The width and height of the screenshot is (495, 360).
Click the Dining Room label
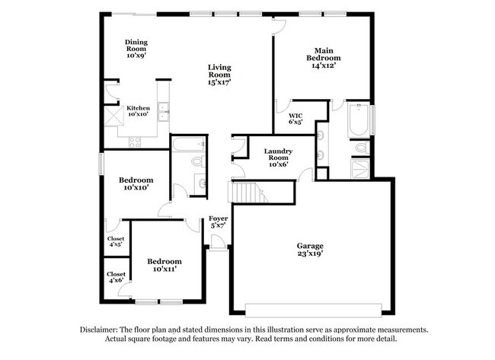point(136,48)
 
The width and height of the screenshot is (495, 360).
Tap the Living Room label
point(219,73)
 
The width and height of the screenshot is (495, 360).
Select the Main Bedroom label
point(323,58)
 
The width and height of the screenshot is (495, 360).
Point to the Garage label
point(310,250)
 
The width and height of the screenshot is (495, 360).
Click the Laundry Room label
point(276,156)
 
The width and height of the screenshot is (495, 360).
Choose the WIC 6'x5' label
point(295,118)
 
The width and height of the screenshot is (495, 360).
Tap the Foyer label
point(218,221)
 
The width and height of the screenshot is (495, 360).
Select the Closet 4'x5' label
point(116,241)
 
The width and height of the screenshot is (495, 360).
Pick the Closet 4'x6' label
point(116,277)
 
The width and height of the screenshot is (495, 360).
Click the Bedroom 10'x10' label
point(136,183)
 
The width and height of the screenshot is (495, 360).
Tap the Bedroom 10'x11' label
point(164,264)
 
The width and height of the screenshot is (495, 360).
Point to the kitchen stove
point(136,140)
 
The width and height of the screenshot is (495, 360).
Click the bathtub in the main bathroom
point(358,120)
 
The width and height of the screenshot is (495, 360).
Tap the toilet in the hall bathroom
point(196,161)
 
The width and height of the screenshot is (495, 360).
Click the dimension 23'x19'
point(310,256)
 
